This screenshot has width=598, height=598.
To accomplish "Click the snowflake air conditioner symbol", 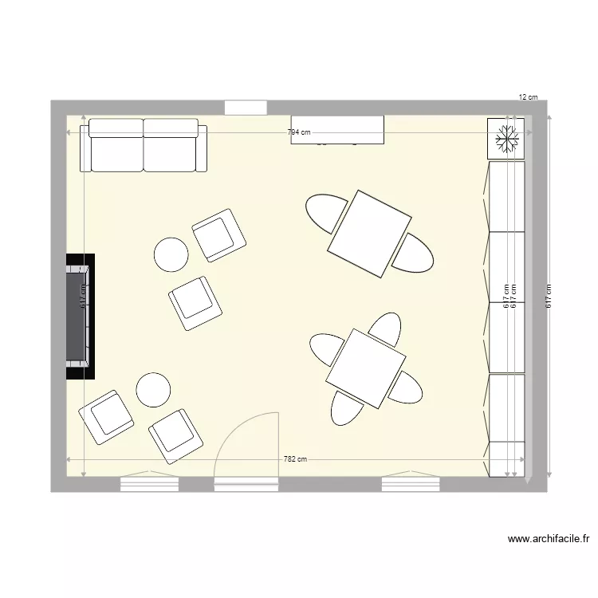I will coord(506,139).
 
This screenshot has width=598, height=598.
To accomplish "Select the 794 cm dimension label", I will coord(299,133).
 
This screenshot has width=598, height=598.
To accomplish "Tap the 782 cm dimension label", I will coord(295,459).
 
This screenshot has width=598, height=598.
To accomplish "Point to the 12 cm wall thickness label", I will coord(528,97).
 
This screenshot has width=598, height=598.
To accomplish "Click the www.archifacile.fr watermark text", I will coord(549,539).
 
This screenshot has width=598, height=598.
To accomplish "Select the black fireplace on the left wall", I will coord(80,317).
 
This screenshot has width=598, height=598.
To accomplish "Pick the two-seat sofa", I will coord(144,145).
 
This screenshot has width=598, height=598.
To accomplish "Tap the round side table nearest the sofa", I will coord(171,254).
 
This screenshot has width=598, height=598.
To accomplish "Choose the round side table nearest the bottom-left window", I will coord(153,390).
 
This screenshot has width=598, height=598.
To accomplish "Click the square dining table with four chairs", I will coord(366,369).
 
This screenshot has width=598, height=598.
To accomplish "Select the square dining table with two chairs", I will coord(369,234).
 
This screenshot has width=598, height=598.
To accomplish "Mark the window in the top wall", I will coord(245,108).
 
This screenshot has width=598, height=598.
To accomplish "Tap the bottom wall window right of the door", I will coord(410,483).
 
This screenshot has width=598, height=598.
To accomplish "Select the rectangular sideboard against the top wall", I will coord(337,130).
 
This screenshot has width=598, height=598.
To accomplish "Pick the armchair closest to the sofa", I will coord(218,235).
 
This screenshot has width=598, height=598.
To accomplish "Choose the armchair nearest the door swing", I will coord(176,435).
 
